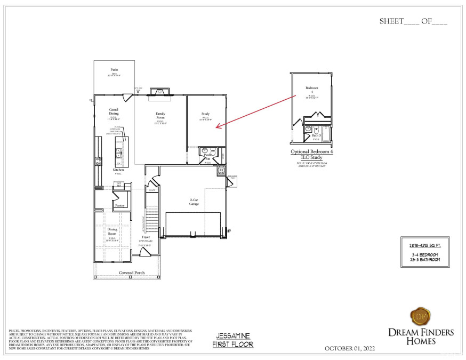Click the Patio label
pyautogui.click(x=114, y=70)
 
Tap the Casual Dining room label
pyautogui.click(x=114, y=111)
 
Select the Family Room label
pyautogui.click(x=160, y=115)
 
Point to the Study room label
pyautogui.click(x=205, y=114)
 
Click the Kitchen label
pyautogui.click(x=118, y=170)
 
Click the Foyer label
pyautogui.click(x=146, y=237)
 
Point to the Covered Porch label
pyautogui.click(x=132, y=273)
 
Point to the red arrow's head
pyautogui.click(x=218, y=126)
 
